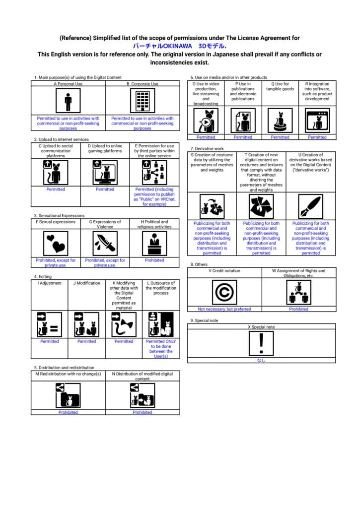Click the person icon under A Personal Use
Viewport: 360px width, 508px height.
pyautogui.click(x=68, y=101)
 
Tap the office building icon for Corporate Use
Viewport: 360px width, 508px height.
pyautogui.click(x=143, y=101)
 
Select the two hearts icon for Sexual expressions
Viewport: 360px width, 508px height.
pyautogui.click(x=56, y=243)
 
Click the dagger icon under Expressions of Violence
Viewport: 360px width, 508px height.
pyautogui.click(x=105, y=243)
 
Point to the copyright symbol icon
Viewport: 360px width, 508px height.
pyautogui.click(x=224, y=292)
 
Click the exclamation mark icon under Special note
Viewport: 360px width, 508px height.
pyautogui.click(x=261, y=343)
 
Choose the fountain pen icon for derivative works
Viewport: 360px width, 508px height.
pyautogui.click(x=310, y=206)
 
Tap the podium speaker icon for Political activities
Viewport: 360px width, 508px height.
pyautogui.click(x=154, y=243)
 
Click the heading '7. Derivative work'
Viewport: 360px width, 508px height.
pyautogui.click(x=207, y=148)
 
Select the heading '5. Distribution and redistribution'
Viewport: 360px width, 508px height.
pyautogui.click(x=64, y=368)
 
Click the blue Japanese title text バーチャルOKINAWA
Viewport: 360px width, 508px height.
pyautogui.click(x=162, y=46)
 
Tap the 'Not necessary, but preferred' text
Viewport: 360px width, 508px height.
pyautogui.click(x=224, y=309)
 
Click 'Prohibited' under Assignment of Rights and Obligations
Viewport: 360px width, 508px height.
pyautogui.click(x=299, y=309)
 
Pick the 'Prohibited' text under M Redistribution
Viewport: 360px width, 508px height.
pyautogui.click(x=68, y=412)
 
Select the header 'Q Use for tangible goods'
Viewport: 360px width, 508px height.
pyautogui.click(x=280, y=86)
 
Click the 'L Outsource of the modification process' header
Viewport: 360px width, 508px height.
pyautogui.click(x=161, y=288)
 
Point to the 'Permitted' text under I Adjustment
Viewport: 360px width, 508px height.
pyautogui.click(x=50, y=341)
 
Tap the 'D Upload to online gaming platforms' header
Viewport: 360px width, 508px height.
pyautogui.click(x=105, y=148)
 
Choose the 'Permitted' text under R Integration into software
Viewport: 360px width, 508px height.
pyautogui.click(x=317, y=137)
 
